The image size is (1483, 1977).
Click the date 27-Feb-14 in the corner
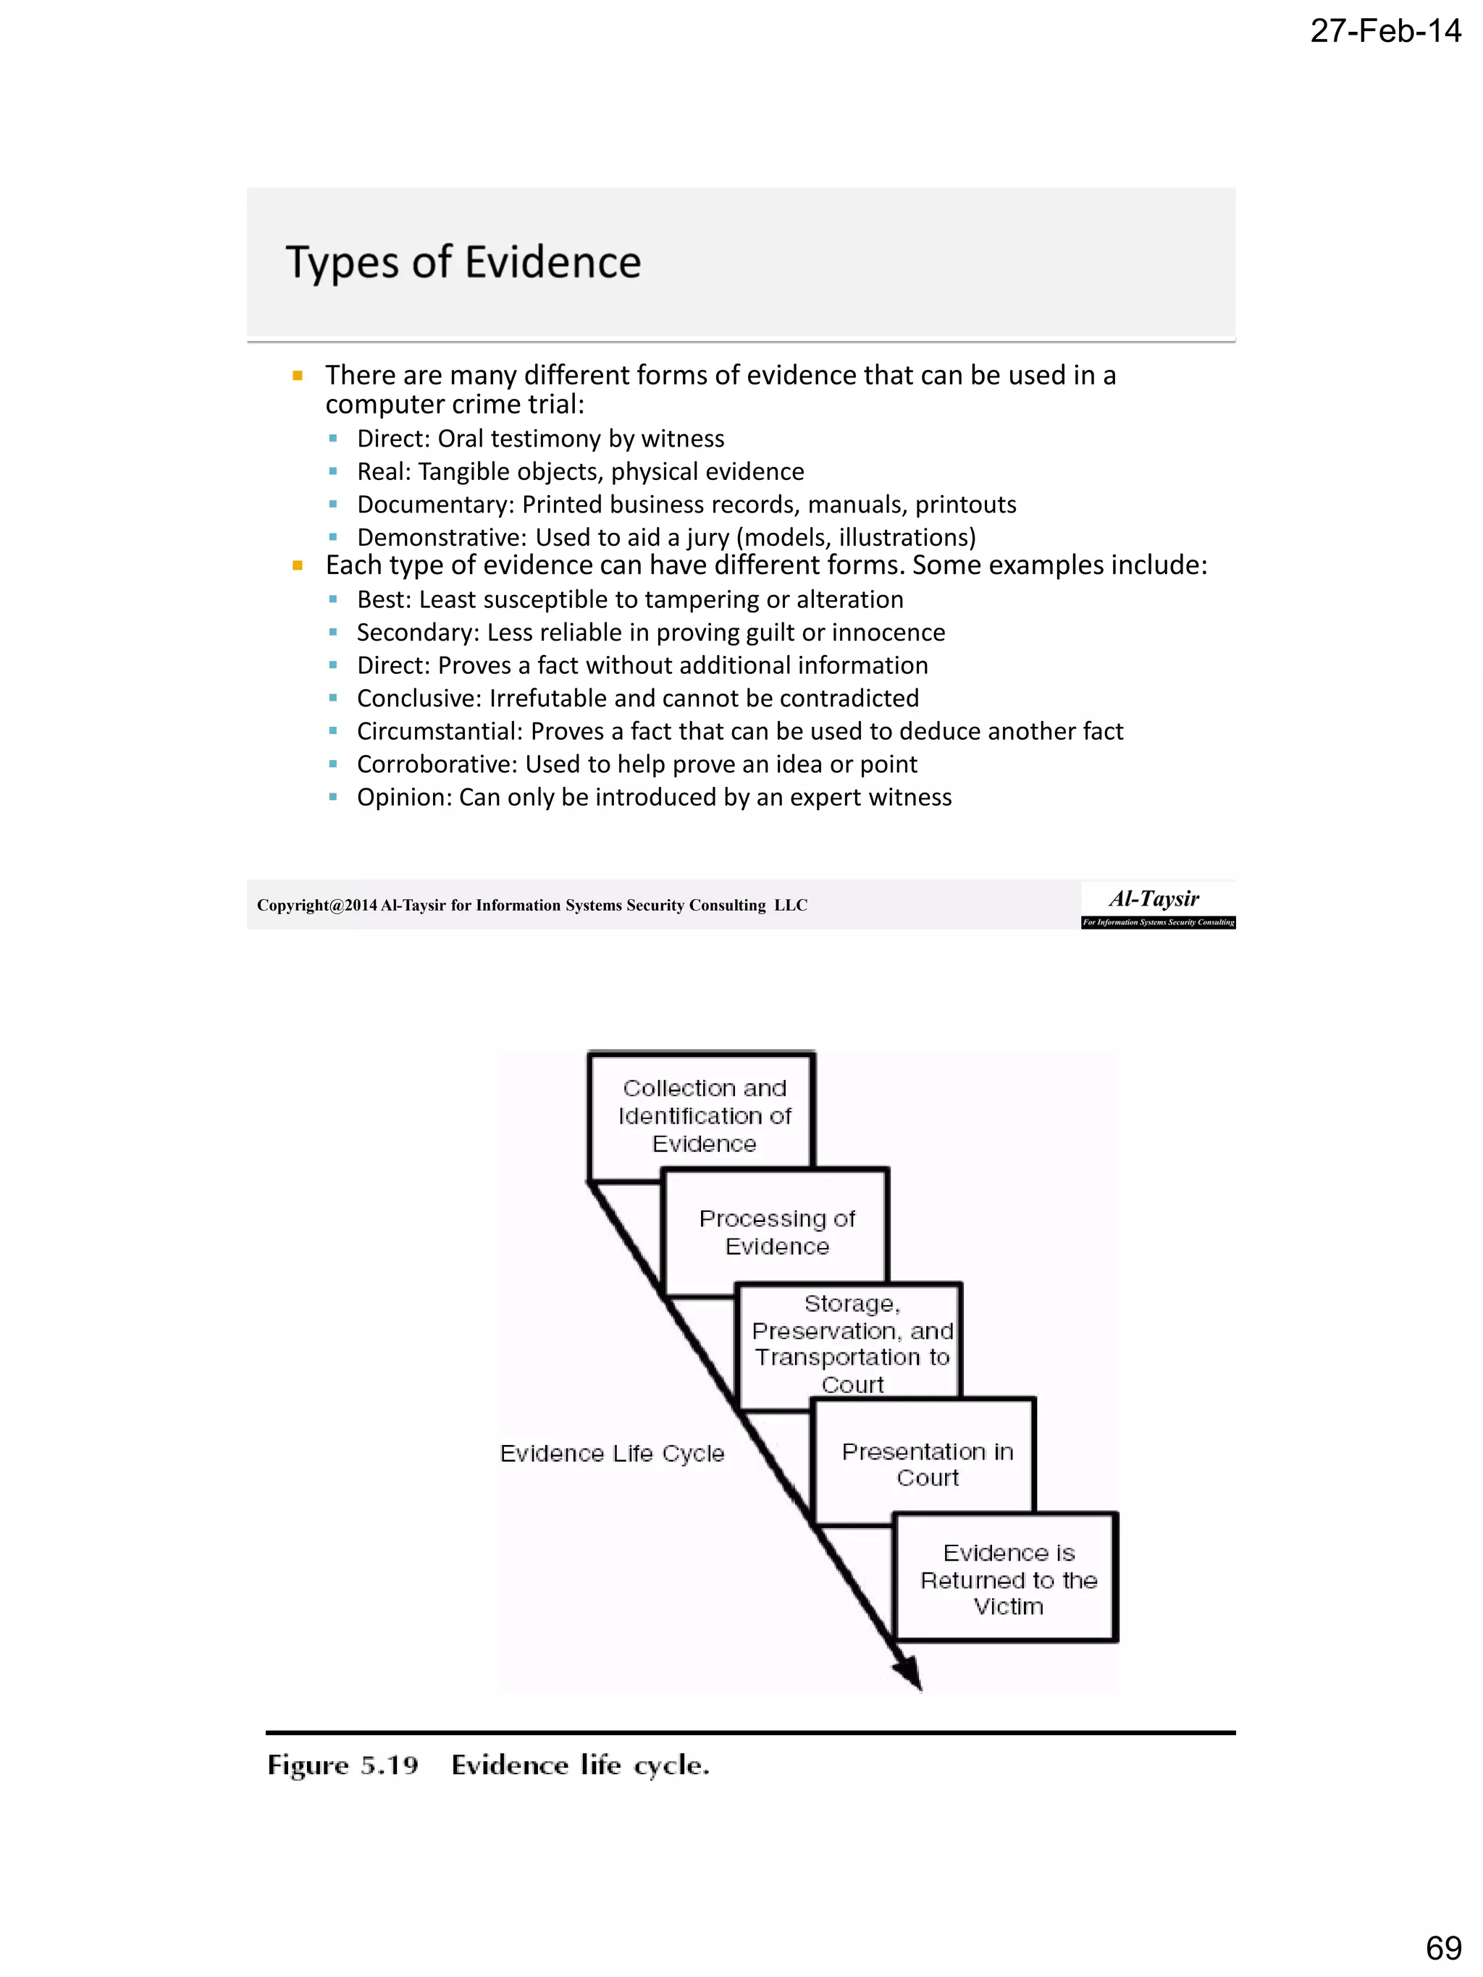tap(1385, 31)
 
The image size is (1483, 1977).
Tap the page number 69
tap(1442, 1947)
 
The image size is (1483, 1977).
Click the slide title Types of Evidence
tap(463, 263)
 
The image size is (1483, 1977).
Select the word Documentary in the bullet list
tap(434, 505)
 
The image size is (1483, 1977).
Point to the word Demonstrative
tap(442, 538)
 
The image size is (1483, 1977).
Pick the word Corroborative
tap(437, 765)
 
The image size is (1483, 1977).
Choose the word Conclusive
tap(419, 699)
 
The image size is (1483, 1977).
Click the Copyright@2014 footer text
tap(532, 906)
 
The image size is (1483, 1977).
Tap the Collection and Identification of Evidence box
tap(704, 1116)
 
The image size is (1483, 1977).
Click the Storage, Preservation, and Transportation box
tap(851, 1344)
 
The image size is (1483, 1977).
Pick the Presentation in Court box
tap(927, 1464)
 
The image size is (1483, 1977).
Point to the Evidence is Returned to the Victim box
tap(1007, 1580)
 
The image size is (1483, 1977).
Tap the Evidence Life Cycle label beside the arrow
tap(611, 1454)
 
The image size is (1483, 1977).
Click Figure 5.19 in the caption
tap(343, 1765)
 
